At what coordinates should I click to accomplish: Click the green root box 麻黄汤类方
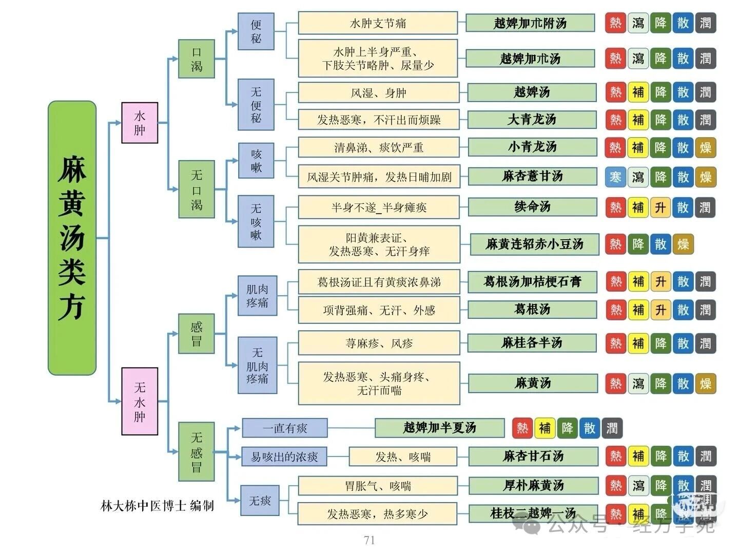point(72,238)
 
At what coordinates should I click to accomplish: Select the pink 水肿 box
point(140,123)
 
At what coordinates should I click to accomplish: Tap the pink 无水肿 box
point(140,401)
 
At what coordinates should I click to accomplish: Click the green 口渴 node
point(197,59)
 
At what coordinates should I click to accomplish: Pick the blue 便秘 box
point(256,31)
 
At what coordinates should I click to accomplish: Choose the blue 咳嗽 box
point(256,161)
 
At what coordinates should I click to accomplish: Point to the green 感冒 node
point(197,334)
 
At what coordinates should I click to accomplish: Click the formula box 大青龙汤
point(532,120)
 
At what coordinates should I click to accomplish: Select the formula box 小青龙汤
point(532,147)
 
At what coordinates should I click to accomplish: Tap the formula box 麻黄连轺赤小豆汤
point(534,244)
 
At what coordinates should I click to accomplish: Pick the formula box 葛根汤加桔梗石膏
point(532,282)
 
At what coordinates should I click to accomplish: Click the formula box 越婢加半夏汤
point(440,428)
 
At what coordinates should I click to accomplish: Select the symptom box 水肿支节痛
point(378,24)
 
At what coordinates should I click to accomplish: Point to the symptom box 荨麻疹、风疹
point(379,343)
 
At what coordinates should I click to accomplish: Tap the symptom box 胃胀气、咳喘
point(378,486)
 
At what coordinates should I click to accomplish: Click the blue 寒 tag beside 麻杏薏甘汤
point(615,177)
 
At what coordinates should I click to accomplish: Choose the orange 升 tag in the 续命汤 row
point(660,207)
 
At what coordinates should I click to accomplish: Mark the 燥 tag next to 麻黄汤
point(705,384)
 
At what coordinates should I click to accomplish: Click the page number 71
point(369,540)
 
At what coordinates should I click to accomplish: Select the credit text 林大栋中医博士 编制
point(157,506)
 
